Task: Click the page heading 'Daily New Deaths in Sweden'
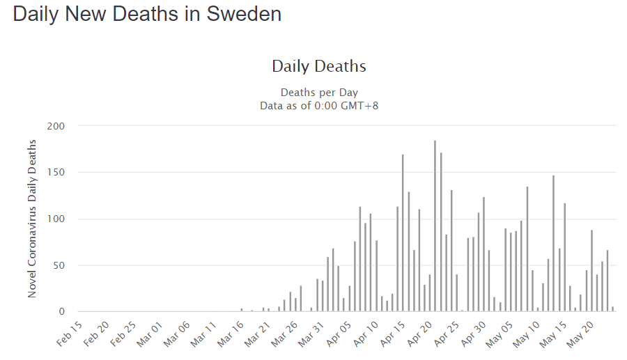coord(147,15)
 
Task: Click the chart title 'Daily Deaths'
coord(318,67)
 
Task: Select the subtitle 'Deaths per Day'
coord(319,93)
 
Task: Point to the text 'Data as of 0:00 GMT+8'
coord(319,106)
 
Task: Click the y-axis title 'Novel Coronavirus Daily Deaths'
coord(32,219)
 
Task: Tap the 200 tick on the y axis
coord(56,126)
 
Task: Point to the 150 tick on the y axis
coord(56,173)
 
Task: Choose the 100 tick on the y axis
coord(56,219)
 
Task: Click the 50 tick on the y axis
coord(59,265)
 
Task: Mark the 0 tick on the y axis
coord(61,312)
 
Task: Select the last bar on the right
coord(613,309)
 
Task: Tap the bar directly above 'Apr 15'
coord(403,233)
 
